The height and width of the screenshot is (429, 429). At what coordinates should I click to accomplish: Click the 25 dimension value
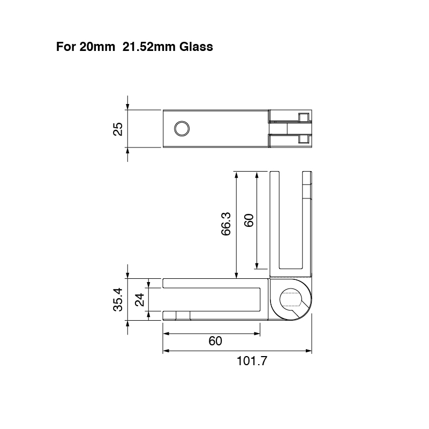tap(118, 129)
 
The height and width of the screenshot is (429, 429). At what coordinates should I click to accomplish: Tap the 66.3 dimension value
tap(226, 224)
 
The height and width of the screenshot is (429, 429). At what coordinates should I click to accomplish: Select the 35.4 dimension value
tap(118, 299)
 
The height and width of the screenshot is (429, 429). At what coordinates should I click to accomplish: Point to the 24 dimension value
tap(140, 300)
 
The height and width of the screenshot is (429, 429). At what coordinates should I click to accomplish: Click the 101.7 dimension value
tap(251, 361)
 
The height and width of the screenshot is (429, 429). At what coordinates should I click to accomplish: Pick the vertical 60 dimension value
tap(249, 220)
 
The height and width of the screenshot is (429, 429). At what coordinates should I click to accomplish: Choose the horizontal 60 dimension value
tap(215, 341)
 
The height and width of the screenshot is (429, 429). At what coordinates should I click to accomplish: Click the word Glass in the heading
tap(196, 47)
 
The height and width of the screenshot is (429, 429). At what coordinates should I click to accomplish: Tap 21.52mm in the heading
tap(149, 47)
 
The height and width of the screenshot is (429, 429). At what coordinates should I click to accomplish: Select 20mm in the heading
tap(97, 47)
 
